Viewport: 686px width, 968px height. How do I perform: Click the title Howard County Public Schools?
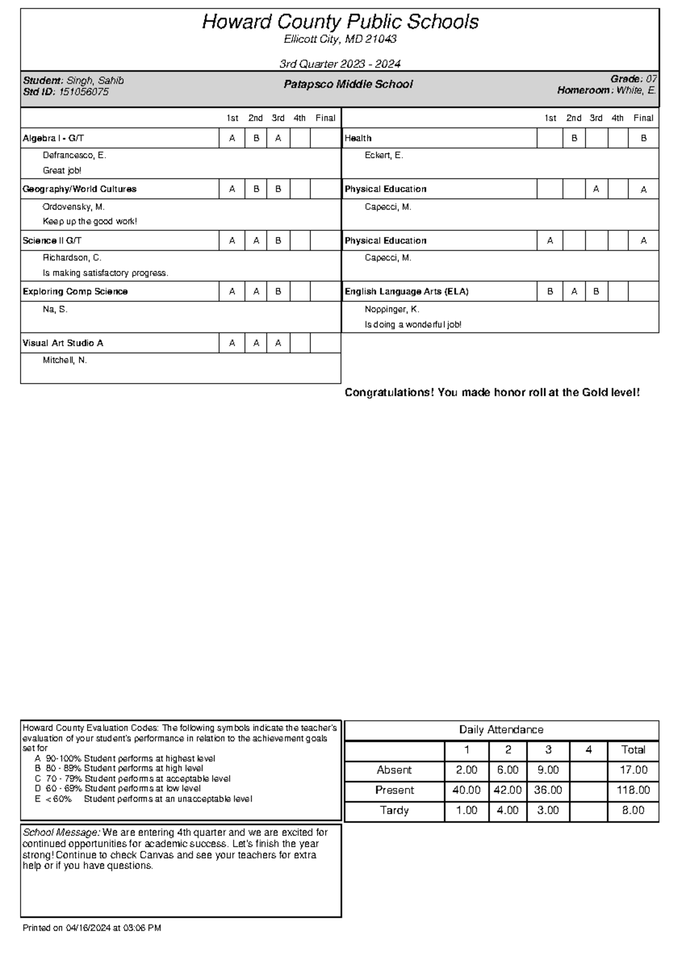(x=340, y=22)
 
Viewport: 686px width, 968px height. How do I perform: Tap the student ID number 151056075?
(x=84, y=92)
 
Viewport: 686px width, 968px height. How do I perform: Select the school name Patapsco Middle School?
(x=348, y=85)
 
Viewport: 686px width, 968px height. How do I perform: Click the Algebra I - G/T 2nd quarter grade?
(x=256, y=138)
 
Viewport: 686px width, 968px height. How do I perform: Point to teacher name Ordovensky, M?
(x=74, y=207)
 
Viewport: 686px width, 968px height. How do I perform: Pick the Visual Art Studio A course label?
(x=63, y=343)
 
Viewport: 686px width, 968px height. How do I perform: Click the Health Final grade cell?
(x=643, y=138)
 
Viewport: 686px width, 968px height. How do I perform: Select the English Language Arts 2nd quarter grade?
(x=574, y=291)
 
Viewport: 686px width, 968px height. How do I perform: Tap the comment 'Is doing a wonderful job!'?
(x=413, y=325)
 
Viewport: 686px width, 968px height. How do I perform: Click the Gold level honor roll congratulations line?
(x=492, y=393)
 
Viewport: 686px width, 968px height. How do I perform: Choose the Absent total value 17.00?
(x=633, y=770)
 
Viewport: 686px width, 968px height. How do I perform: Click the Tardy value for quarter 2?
(x=508, y=810)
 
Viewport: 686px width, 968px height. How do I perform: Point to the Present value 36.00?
(x=548, y=790)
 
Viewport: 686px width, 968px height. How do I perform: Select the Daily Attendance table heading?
(x=501, y=730)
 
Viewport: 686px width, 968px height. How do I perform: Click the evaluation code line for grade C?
(x=133, y=779)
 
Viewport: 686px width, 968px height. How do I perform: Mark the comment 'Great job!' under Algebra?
(x=62, y=170)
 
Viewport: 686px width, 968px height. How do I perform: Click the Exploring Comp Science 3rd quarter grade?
(x=278, y=291)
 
